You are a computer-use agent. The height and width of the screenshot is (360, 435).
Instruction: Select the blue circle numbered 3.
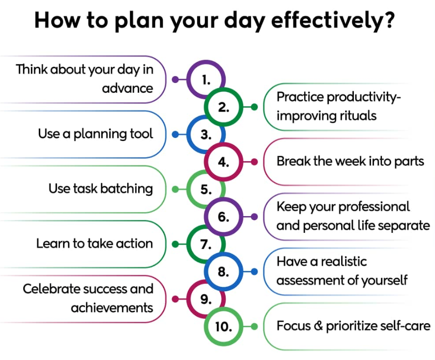click(x=206, y=135)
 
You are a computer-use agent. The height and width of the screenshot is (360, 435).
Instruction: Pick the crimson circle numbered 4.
click(x=224, y=162)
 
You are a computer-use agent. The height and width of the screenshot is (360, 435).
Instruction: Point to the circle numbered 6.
click(x=224, y=217)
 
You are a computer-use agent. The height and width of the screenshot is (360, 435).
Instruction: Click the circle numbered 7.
click(x=206, y=244)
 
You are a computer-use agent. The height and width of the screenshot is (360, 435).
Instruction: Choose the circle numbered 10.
click(x=223, y=326)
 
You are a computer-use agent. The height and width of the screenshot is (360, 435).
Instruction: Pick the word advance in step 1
click(x=128, y=89)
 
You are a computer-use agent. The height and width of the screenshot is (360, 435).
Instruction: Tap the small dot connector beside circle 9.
click(x=175, y=299)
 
